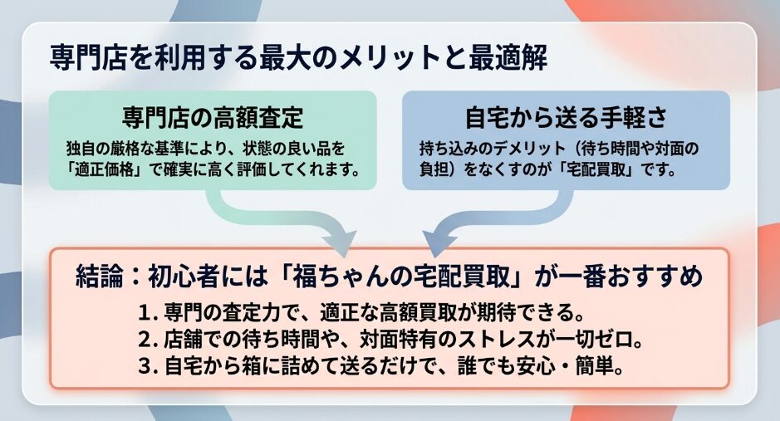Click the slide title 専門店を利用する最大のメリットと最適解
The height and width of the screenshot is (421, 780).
(298, 57)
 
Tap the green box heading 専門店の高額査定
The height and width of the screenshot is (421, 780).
(213, 117)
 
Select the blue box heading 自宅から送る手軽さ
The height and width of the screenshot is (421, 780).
(566, 117)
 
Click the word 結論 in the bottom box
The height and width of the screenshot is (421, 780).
(99, 277)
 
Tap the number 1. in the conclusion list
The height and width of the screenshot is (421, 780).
(148, 313)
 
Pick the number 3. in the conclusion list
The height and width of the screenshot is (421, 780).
(148, 367)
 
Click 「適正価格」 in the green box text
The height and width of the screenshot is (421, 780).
(107, 169)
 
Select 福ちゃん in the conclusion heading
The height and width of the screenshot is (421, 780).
(328, 277)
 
